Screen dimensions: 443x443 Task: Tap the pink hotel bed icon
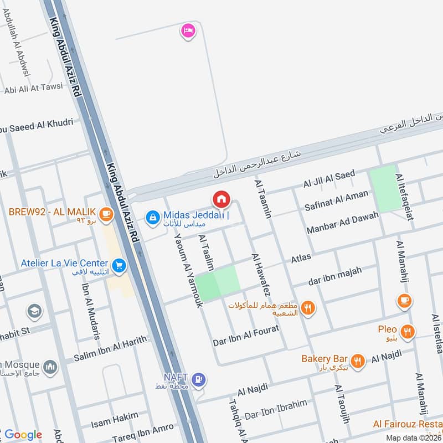(188, 30)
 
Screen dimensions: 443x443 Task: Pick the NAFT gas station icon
(199, 380)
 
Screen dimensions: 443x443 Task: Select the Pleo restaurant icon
(408, 332)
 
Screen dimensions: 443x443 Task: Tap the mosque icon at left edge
(50, 367)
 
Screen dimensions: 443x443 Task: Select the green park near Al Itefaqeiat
(383, 188)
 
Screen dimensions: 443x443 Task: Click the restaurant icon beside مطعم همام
(309, 308)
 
